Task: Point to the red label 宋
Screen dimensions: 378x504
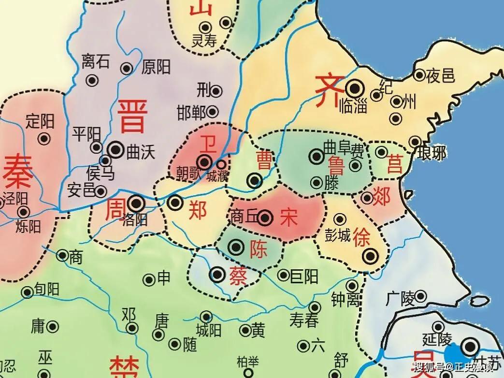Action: tap(289, 218)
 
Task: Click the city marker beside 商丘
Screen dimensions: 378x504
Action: tap(265, 218)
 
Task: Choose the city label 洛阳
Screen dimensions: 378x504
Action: tap(136, 220)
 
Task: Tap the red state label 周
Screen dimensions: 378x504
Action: tap(115, 210)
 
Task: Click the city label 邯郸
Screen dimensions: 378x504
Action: tap(191, 113)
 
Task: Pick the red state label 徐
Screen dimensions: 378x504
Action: tap(362, 238)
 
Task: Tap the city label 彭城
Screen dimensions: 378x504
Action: tap(338, 236)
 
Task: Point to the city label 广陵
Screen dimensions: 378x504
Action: tap(400, 299)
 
